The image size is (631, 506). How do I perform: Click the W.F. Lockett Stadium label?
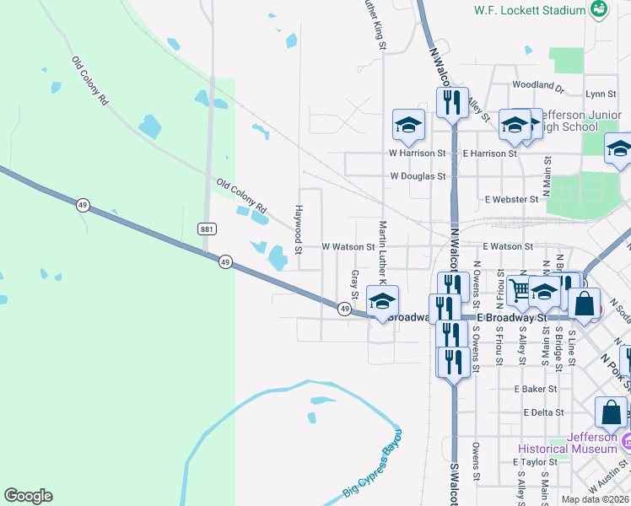pos(529,10)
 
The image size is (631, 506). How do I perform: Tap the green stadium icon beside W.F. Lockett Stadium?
pos(599,9)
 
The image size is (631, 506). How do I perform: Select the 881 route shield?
pos(208,229)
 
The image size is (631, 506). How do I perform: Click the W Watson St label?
pos(348,247)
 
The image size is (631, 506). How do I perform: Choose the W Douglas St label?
pos(418,176)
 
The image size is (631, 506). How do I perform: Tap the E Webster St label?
pos(511,199)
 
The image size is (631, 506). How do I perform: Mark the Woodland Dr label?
pos(537,85)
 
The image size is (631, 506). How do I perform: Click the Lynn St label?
pos(601,94)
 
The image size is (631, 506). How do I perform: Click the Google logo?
pos(28,496)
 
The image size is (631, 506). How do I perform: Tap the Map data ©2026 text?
pos(594,499)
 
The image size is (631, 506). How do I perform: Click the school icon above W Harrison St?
pos(408,126)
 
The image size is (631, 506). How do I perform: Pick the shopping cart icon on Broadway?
pos(520,291)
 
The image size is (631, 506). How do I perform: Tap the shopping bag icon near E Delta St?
pos(611,412)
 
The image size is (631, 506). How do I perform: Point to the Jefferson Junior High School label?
pos(576,121)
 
